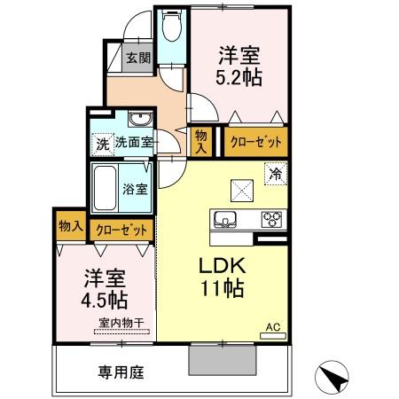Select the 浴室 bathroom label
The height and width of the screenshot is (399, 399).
coord(134,188)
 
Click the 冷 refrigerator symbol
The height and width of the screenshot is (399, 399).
coord(275,174)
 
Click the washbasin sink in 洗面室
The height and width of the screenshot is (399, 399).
coord(137,120)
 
